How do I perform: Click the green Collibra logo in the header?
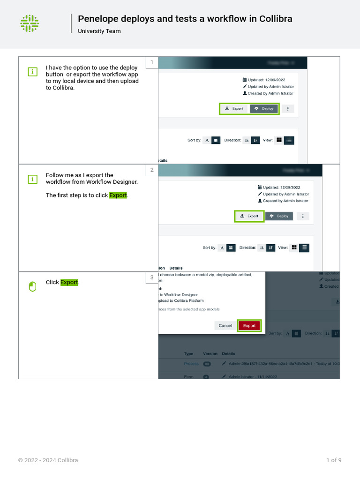pyautogui.click(x=30, y=23)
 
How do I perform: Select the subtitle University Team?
pyautogui.click(x=99, y=31)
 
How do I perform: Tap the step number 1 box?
pyautogui.click(x=151, y=62)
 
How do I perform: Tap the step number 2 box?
pyautogui.click(x=151, y=170)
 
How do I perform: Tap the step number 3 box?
pyautogui.click(x=151, y=277)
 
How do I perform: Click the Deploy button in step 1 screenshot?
pyautogui.click(x=264, y=108)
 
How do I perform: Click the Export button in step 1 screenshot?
pyautogui.click(x=234, y=108)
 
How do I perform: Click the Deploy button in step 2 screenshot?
pyautogui.click(x=279, y=216)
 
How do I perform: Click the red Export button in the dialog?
pyautogui.click(x=249, y=326)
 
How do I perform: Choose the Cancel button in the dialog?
pyautogui.click(x=225, y=326)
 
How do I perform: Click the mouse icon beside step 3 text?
pyautogui.click(x=32, y=286)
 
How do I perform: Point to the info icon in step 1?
pyautogui.click(x=32, y=72)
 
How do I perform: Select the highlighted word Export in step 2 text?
pyautogui.click(x=118, y=195)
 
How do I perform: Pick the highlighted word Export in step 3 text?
pyautogui.click(x=69, y=282)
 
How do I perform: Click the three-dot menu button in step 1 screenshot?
pyautogui.click(x=288, y=108)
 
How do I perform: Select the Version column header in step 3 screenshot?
pyautogui.click(x=210, y=354)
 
